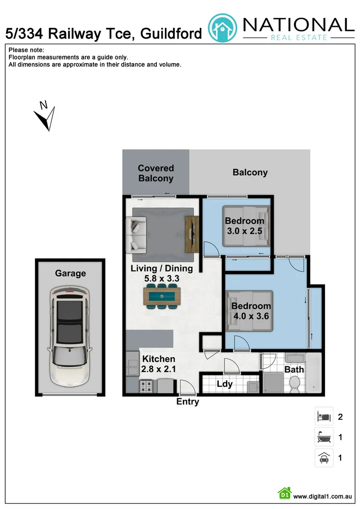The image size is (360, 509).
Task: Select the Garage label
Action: (x=70, y=273)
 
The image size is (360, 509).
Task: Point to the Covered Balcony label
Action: (x=155, y=173)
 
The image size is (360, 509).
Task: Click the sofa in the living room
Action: (x=138, y=235)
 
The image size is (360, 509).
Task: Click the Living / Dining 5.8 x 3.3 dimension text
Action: (x=162, y=274)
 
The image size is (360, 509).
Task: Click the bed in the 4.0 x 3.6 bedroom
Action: (x=249, y=310)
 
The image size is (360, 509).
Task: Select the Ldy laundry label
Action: (x=225, y=384)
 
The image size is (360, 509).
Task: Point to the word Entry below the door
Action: (x=188, y=402)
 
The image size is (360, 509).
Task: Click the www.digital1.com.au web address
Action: (x=323, y=496)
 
